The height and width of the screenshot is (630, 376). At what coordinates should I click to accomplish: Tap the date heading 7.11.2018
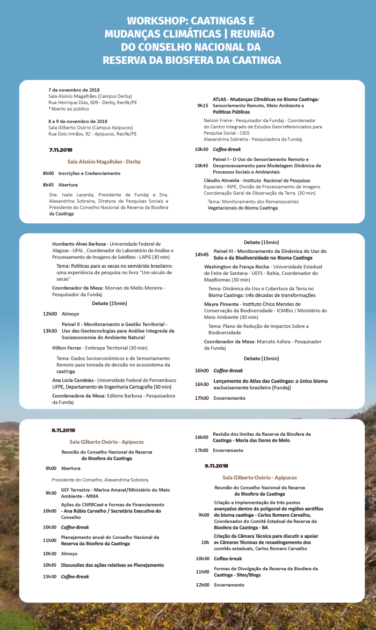tap(60, 150)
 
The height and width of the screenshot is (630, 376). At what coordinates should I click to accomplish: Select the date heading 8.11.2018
tap(63, 430)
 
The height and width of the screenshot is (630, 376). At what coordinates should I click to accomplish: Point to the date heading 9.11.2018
tap(216, 466)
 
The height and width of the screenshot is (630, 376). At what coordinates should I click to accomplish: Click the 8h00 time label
tap(48, 173)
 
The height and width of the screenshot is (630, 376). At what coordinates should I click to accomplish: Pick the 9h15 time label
tap(203, 106)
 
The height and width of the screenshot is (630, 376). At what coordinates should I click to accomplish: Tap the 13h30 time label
tap(50, 331)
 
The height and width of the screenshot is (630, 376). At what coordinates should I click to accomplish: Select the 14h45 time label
tap(202, 254)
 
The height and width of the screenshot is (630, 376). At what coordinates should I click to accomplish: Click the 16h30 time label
tap(201, 384)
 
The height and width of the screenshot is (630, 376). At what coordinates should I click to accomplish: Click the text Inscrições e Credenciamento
tap(89, 173)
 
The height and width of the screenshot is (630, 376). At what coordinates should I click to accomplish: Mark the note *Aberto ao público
tap(69, 108)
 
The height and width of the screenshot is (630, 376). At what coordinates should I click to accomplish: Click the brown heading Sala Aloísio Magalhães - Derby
tap(104, 161)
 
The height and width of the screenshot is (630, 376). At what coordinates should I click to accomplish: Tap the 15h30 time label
tap(50, 576)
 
